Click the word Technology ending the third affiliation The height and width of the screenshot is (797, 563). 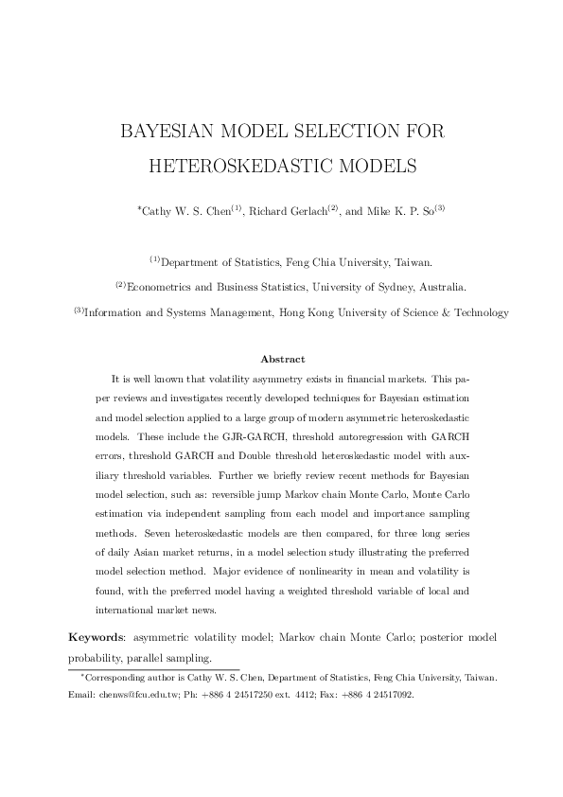pyautogui.click(x=475, y=312)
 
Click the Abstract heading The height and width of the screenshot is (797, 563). pyautogui.click(x=282, y=360)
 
